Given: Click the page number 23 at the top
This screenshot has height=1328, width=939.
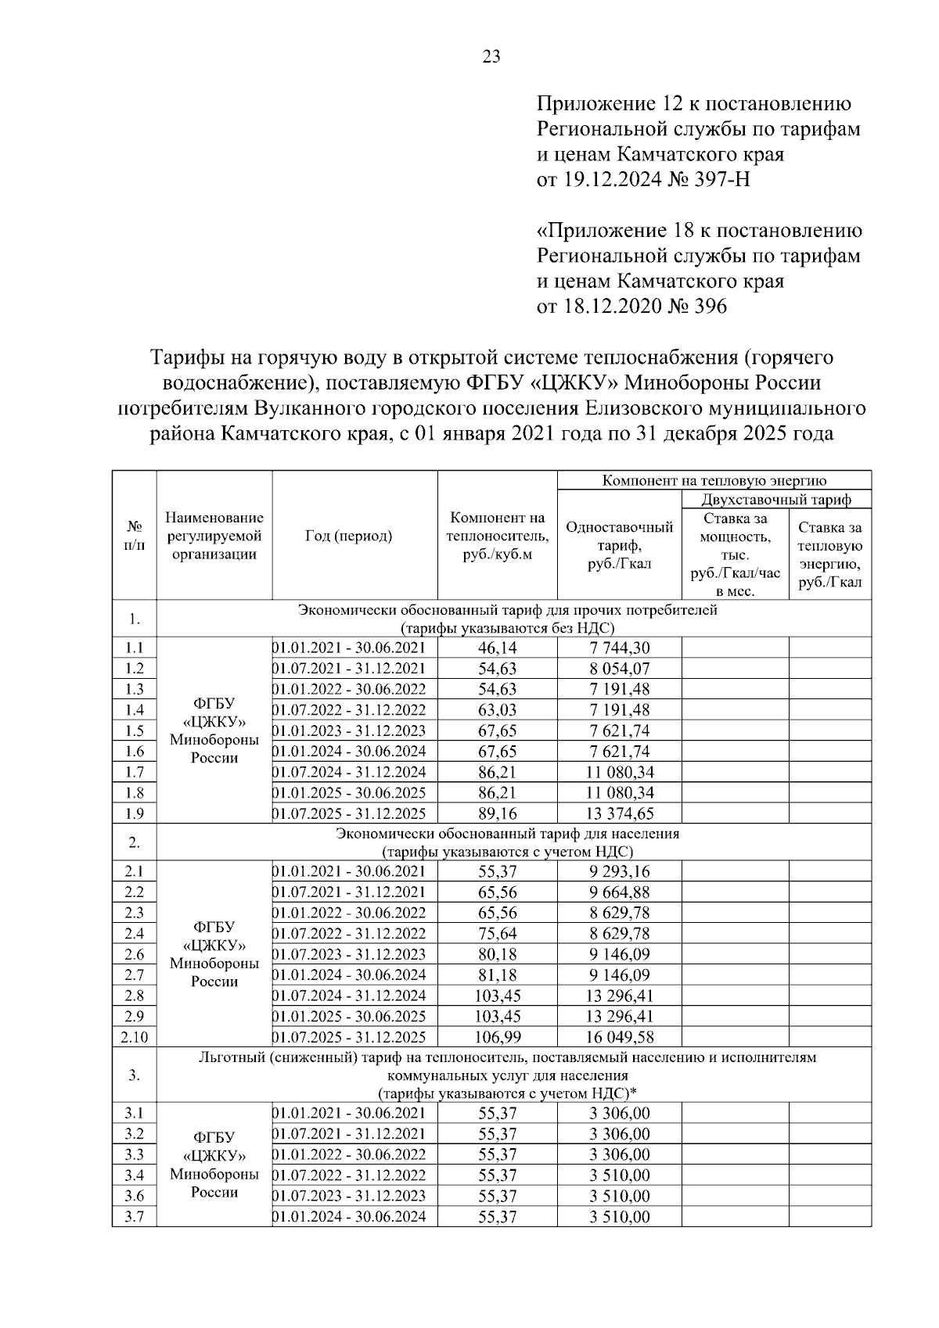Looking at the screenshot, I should coord(491,56).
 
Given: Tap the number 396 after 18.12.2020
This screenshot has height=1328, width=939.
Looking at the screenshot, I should coord(709,306).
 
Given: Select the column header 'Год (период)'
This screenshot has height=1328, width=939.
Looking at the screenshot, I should coord(348,536).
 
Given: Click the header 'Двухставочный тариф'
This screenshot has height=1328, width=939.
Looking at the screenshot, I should coord(775,499).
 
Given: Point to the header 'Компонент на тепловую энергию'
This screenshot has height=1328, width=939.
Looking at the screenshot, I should coord(714,480).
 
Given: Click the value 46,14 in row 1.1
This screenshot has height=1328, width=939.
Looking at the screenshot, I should coord(497,648).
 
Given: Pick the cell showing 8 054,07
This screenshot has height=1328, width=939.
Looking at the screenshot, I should coord(620,669).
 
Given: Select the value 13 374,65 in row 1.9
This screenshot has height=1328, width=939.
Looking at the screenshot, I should coord(621,813).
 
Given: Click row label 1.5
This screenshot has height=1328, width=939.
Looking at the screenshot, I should coord(135,730).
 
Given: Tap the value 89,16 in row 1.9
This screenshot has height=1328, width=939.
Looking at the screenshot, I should coord(497,813).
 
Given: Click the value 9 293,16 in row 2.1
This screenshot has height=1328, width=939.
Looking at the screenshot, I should coord(620,871).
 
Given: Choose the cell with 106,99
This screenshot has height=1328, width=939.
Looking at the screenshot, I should coord(498,1037).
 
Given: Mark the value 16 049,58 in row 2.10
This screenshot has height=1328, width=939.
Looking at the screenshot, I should coord(620,1037).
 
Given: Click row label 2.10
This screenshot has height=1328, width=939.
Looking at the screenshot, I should coord(135,1037).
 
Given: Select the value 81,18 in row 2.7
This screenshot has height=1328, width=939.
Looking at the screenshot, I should coord(497,975).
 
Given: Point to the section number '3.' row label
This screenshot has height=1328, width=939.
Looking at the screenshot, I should coord(135,1075).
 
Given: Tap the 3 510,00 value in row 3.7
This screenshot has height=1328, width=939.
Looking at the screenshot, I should coord(620,1216).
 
